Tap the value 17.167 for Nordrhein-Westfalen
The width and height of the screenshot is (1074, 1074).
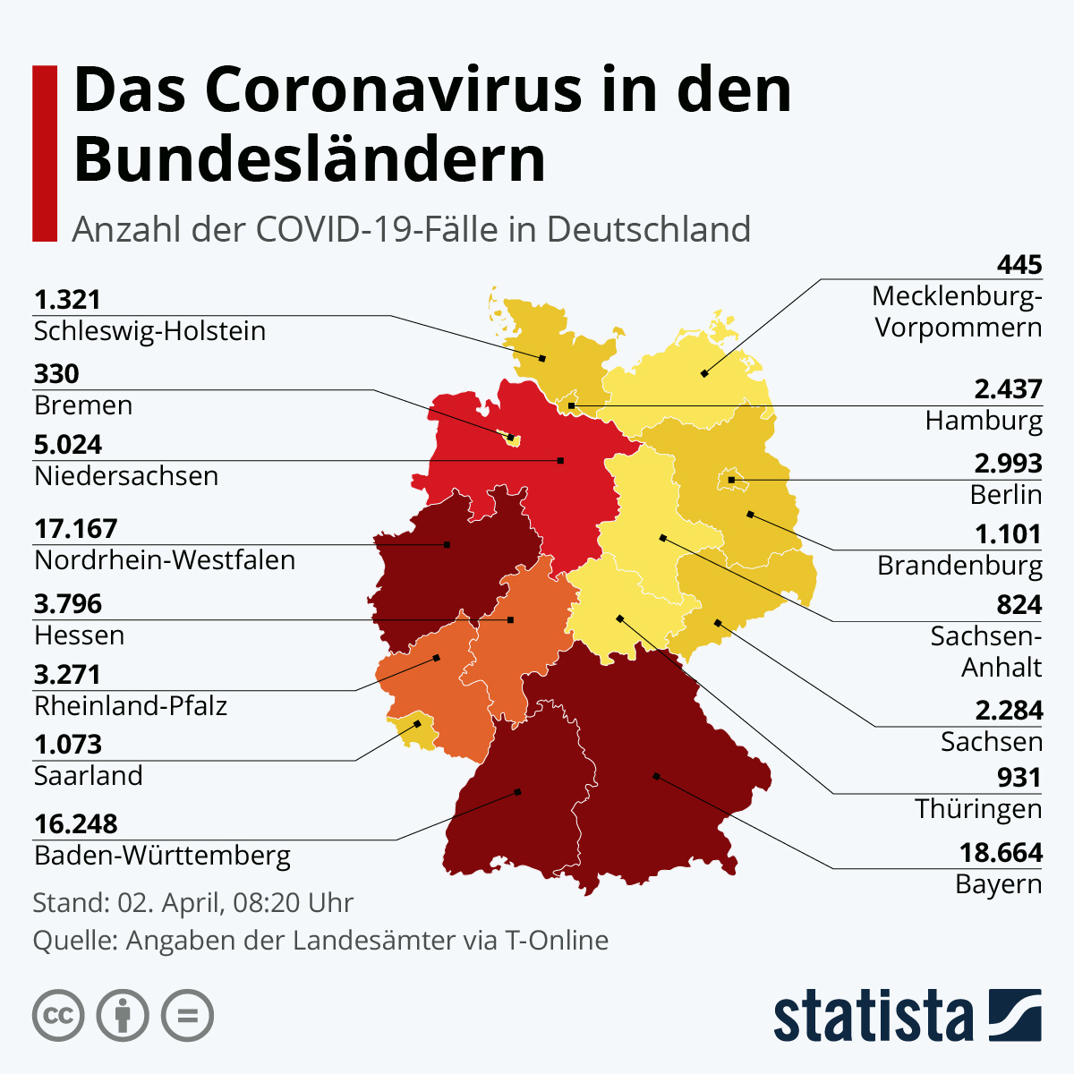[x=76, y=529]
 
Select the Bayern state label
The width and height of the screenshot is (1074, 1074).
[x=998, y=884]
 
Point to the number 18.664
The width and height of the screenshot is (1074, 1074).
[x=1001, y=852]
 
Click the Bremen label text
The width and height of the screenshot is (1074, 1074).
[x=83, y=405]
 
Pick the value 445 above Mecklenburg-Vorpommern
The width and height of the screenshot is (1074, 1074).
[x=1019, y=265]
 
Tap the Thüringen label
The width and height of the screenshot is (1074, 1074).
[x=978, y=809]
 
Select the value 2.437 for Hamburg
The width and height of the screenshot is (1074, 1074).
[x=1008, y=389]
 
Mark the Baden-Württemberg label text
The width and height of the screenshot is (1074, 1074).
[x=162, y=856]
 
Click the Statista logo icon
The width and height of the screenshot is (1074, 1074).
[x=1015, y=1015]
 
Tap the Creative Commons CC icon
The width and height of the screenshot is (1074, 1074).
[x=58, y=1016]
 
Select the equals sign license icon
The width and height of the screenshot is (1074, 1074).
[x=187, y=1016]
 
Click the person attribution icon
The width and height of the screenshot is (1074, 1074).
[x=123, y=1016]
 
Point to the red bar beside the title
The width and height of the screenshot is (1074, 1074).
[x=44, y=153]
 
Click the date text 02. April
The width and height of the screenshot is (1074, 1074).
[x=170, y=902]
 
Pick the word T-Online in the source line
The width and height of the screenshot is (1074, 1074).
[x=557, y=941]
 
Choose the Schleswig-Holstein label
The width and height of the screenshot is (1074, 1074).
[x=149, y=331]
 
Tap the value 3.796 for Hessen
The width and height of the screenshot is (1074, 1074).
[x=68, y=604]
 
